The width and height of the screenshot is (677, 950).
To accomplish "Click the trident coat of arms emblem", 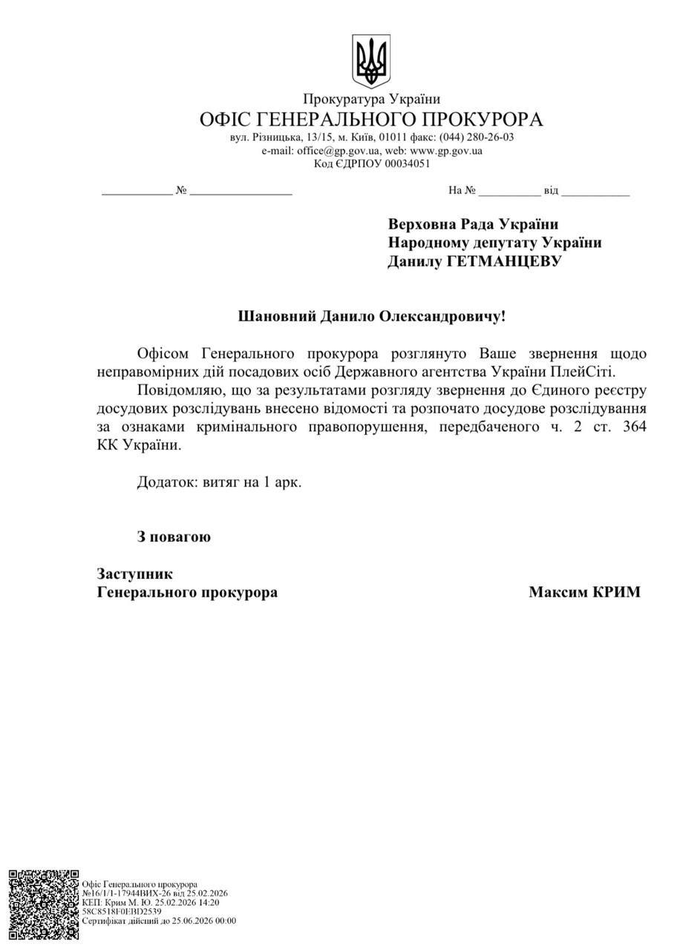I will click(372, 61).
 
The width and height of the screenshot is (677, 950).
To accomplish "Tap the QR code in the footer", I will click(43, 906).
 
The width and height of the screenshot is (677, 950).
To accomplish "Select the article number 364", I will click(635, 427).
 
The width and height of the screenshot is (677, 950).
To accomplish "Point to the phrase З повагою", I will click(174, 537).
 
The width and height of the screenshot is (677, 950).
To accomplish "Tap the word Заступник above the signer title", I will click(134, 574).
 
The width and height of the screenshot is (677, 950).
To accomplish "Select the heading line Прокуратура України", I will click(371, 99).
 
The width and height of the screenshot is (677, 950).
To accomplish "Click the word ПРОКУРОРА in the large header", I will click(478, 119).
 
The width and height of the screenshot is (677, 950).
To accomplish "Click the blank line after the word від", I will click(595, 191).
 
